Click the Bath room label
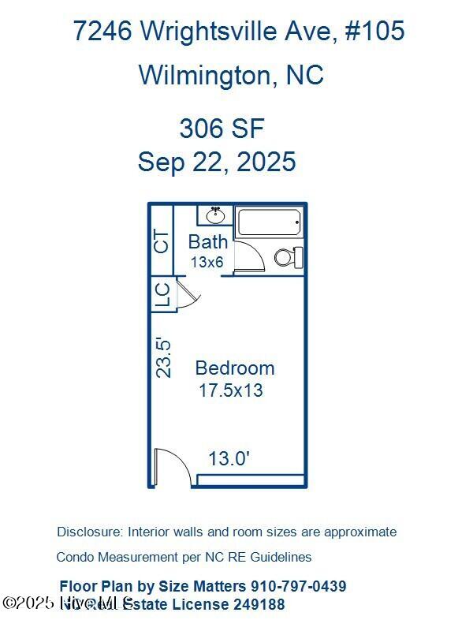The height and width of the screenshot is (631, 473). (x=208, y=242)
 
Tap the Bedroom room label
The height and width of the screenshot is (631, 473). (x=235, y=368)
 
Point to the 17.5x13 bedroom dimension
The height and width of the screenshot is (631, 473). (x=230, y=390)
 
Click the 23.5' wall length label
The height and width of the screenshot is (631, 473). (x=163, y=357)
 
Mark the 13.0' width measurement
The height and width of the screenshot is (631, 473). (x=229, y=458)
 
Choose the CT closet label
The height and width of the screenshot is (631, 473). (x=162, y=241)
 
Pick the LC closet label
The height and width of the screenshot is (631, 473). (x=162, y=294)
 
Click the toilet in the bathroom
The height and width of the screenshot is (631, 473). (x=289, y=256)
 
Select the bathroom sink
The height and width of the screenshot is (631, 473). (x=214, y=215)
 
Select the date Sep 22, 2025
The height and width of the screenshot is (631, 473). (x=217, y=162)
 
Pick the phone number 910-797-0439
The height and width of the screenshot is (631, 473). (x=298, y=586)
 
